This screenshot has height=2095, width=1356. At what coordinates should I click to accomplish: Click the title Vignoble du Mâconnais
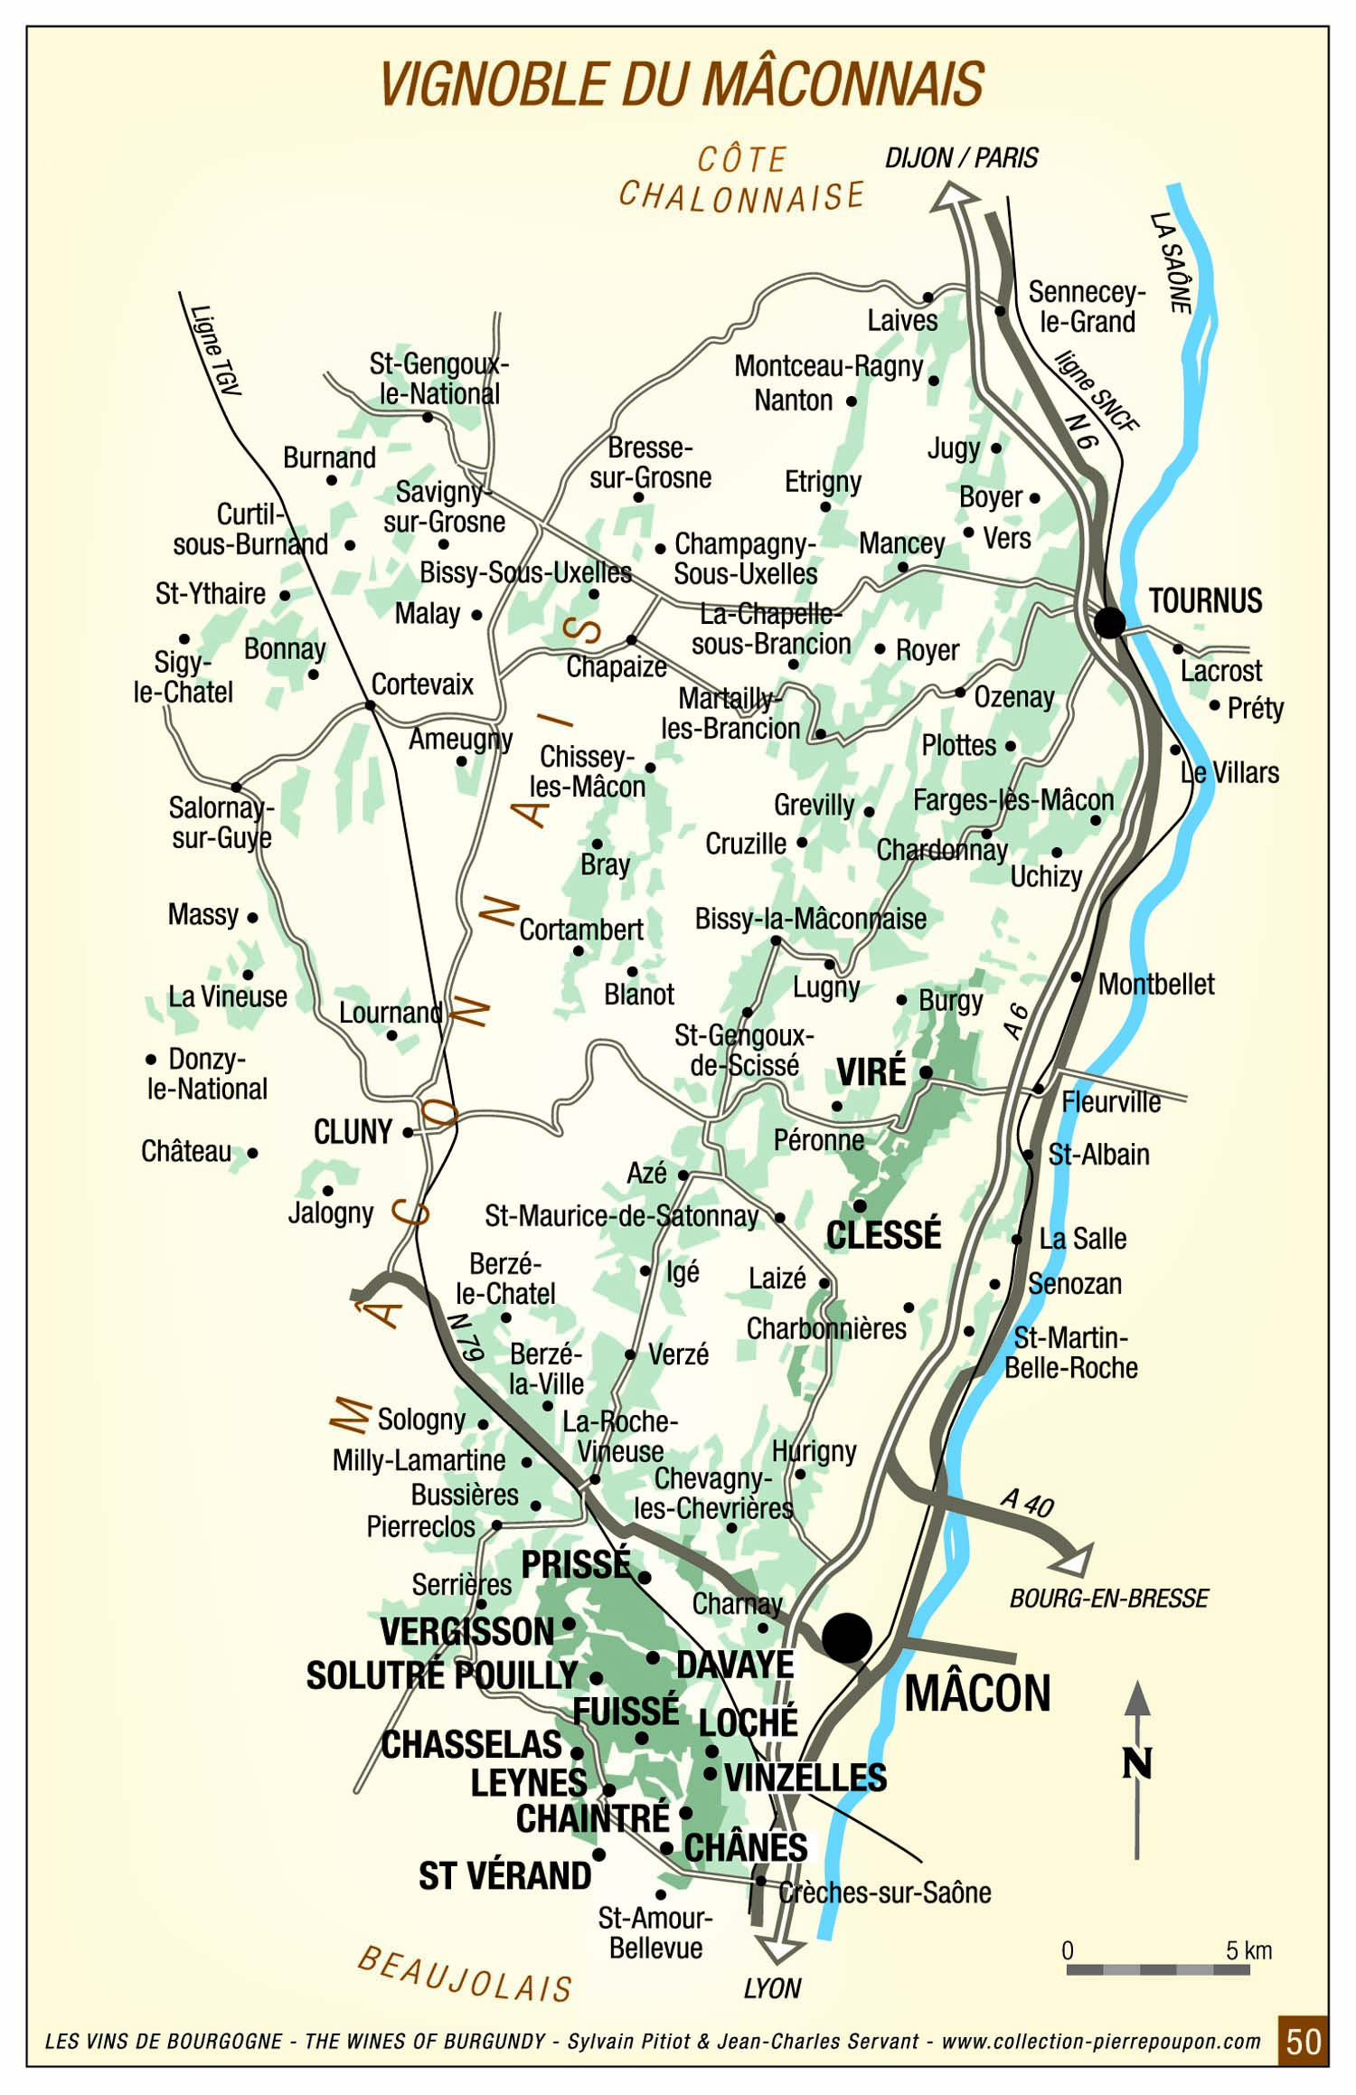pyautogui.click(x=681, y=85)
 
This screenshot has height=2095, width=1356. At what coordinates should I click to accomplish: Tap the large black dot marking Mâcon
pyautogui.click(x=847, y=1637)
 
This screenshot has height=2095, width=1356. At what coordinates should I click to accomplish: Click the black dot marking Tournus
pyautogui.click(x=1109, y=622)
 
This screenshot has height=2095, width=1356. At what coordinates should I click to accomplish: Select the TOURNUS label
pyautogui.click(x=1205, y=600)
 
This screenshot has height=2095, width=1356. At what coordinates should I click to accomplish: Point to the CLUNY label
pyautogui.click(x=353, y=1132)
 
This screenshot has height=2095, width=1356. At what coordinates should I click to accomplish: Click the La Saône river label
pyautogui.click(x=1171, y=262)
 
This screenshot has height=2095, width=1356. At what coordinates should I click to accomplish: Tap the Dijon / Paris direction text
pyautogui.click(x=961, y=158)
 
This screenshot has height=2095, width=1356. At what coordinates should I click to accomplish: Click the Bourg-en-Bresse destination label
pyautogui.click(x=1108, y=1599)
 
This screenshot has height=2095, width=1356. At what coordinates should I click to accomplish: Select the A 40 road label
pyautogui.click(x=1027, y=1502)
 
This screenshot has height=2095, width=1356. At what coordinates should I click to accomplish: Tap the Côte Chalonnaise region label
pyautogui.click(x=741, y=181)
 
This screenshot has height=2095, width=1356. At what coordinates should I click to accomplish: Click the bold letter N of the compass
pyautogui.click(x=1137, y=1763)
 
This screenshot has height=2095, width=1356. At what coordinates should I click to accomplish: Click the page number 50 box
pyautogui.click(x=1303, y=2042)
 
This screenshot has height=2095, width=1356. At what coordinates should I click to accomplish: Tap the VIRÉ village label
pyautogui.click(x=871, y=1072)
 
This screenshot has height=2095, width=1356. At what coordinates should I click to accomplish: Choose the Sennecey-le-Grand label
pyautogui.click(x=1087, y=307)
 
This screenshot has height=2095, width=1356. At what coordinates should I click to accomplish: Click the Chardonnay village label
pyautogui.click(x=942, y=851)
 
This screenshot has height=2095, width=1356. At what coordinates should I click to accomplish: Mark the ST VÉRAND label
pyautogui.click(x=504, y=1876)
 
